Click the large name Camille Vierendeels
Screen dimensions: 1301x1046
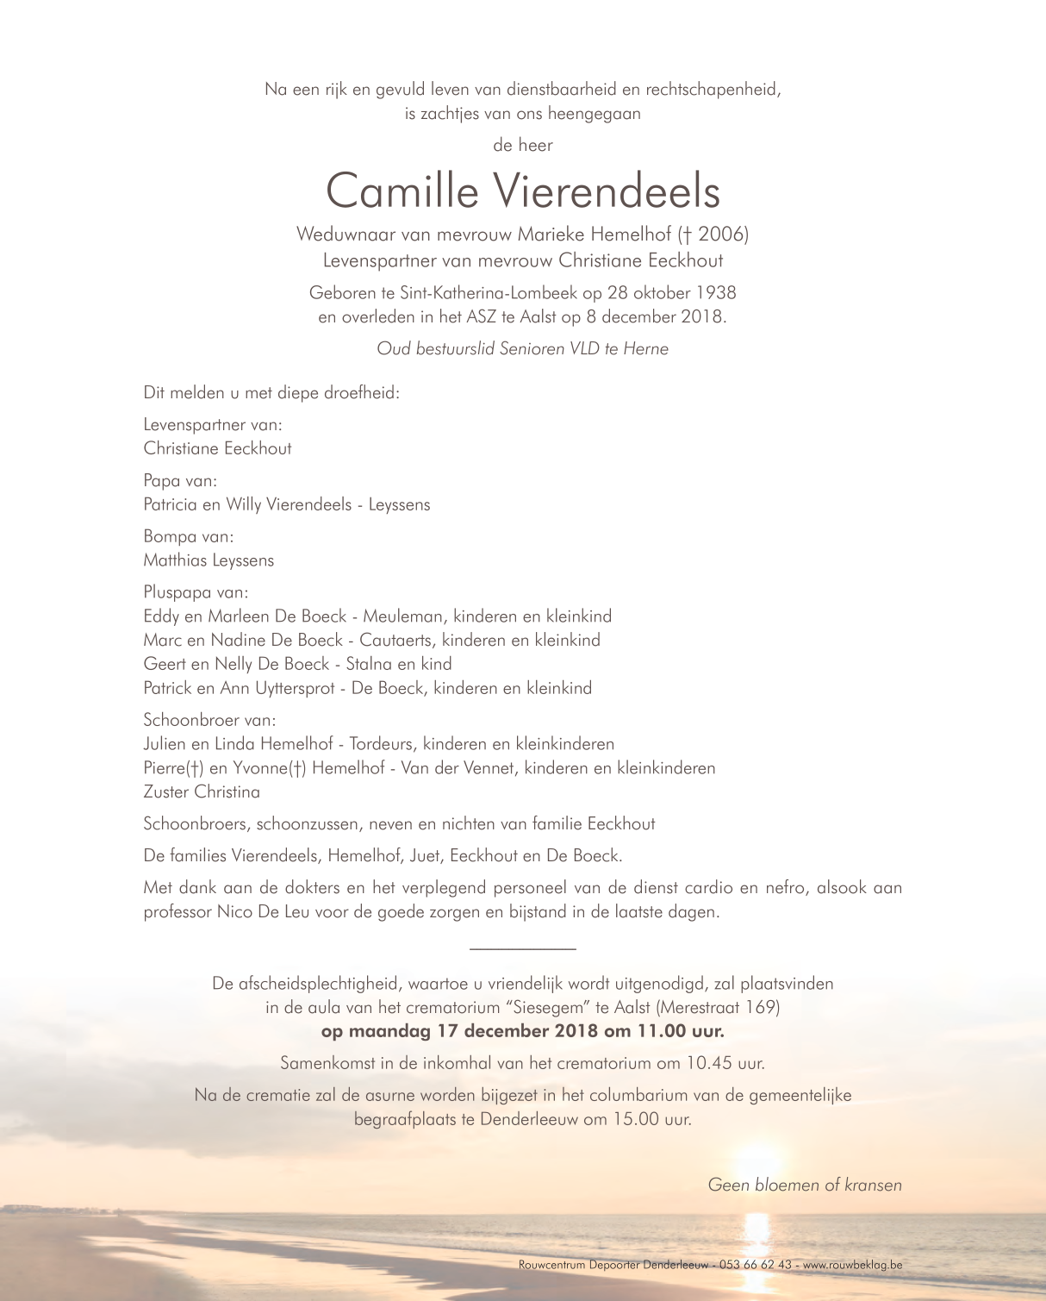522,191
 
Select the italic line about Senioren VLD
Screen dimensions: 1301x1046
522,349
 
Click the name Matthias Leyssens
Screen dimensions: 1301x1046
209,560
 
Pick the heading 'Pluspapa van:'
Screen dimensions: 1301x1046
196,592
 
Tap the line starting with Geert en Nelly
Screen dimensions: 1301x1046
297,664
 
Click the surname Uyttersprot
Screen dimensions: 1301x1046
292,688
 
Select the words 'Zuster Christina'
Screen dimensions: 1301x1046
202,791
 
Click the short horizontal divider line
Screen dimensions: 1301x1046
522,949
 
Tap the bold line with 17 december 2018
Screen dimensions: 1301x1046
522,1031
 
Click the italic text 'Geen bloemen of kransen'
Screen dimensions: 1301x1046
805,1185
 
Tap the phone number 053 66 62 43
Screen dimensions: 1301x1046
755,1265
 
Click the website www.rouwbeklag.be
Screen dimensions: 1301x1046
852,1265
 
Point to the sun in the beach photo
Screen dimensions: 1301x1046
757,1159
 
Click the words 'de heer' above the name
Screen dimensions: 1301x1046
522,145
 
